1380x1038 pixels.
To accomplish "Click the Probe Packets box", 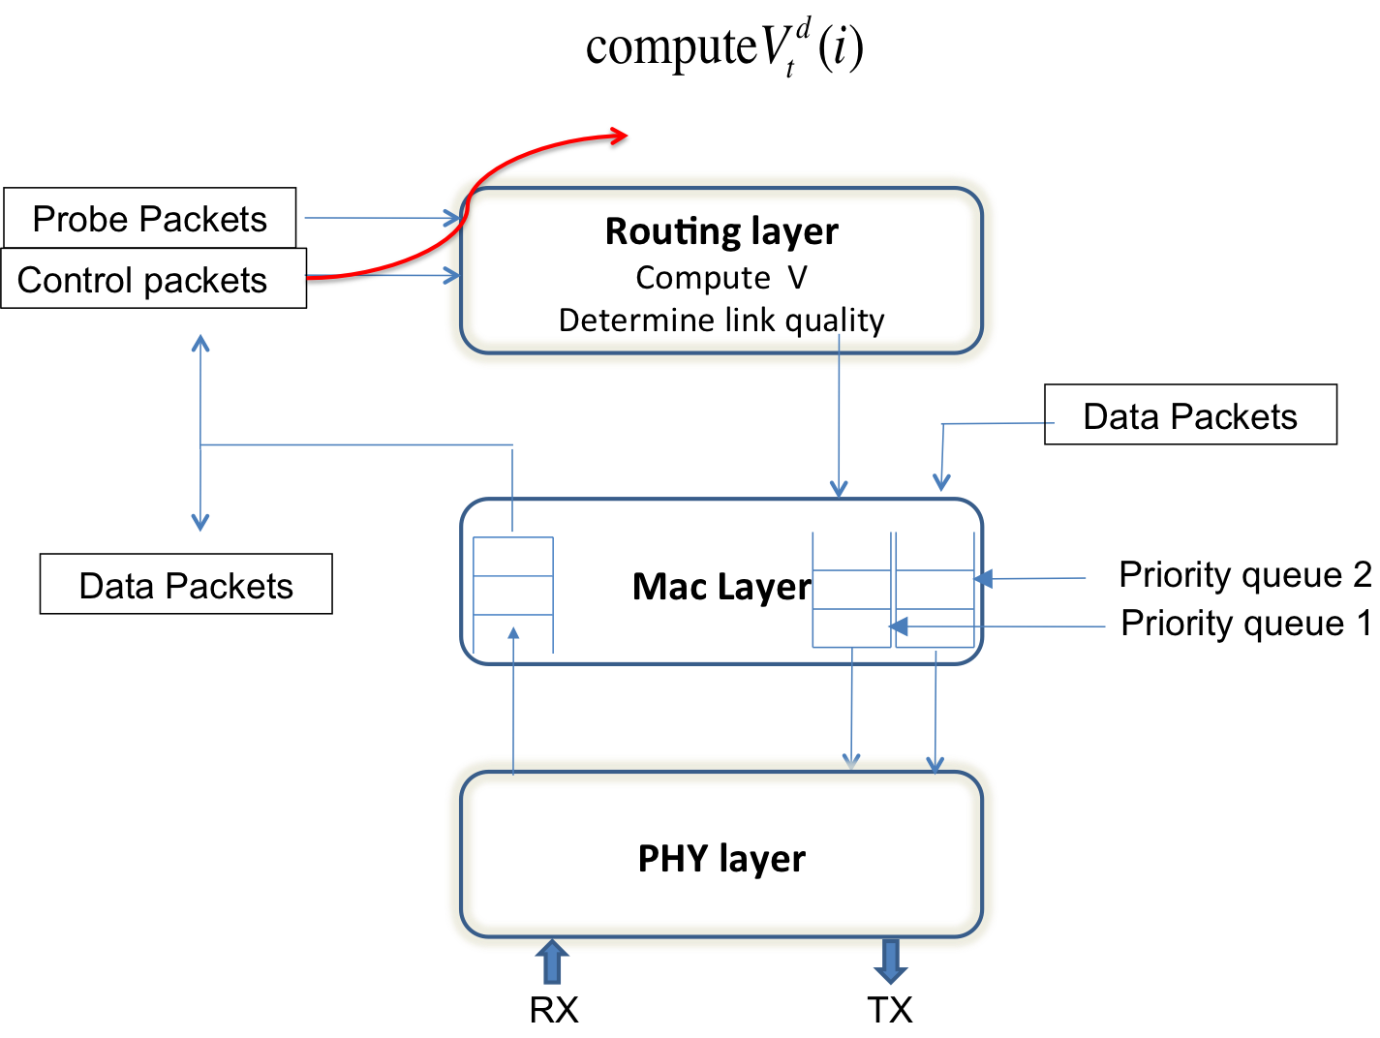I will [150, 219].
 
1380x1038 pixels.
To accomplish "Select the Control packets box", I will [153, 280].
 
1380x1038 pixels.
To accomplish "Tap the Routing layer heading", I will [721, 232].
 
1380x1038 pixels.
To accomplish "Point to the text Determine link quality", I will [721, 320].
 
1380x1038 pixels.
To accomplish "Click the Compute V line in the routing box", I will [721, 278].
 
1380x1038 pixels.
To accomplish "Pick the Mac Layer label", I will [721, 587].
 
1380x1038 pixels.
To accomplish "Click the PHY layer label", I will [721, 859].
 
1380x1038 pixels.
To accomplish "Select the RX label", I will [553, 1010].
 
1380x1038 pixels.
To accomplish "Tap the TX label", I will [889, 1010].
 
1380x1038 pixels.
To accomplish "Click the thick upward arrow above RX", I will [552, 961].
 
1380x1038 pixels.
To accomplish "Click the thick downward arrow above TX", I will [890, 962].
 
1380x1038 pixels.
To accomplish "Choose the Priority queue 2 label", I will [1244, 575].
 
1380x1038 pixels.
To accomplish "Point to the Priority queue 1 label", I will [1244, 624].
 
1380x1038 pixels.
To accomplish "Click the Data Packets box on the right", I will [1190, 415].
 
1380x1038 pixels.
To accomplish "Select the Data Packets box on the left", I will [186, 585].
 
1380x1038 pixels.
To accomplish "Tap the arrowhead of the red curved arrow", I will [619, 138].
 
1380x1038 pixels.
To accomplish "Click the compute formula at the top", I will [723, 48].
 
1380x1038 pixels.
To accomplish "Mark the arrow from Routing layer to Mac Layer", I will [839, 416].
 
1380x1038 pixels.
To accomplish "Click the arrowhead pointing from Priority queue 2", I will [983, 578].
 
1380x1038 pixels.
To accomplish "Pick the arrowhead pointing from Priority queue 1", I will [898, 626].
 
